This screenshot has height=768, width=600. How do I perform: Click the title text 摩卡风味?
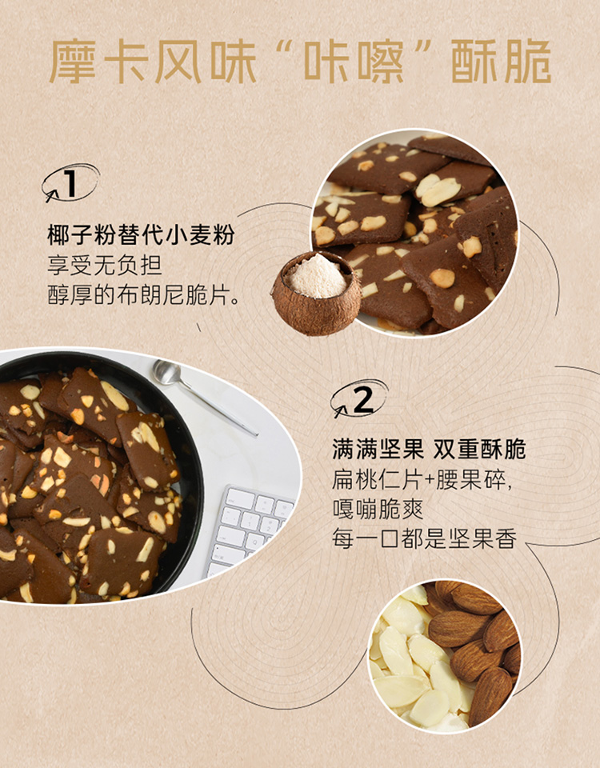tap(153, 62)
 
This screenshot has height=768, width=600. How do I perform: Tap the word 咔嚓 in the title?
tap(354, 62)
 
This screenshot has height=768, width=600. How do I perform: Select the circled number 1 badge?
tap(70, 183)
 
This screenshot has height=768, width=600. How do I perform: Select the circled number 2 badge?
tap(359, 398)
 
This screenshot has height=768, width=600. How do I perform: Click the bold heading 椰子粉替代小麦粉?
tap(141, 235)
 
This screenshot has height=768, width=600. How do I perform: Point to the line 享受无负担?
tap(105, 265)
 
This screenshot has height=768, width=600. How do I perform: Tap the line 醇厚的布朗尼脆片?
tap(143, 295)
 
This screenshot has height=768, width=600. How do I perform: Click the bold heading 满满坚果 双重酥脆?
tap(429, 449)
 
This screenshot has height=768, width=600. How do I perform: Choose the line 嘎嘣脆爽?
tap(378, 510)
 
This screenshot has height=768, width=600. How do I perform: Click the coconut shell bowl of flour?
tap(317, 294)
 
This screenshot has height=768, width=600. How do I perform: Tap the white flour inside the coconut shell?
tap(317, 277)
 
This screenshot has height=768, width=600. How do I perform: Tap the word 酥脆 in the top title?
tap(501, 62)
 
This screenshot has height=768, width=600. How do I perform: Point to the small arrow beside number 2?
tap(340, 411)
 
